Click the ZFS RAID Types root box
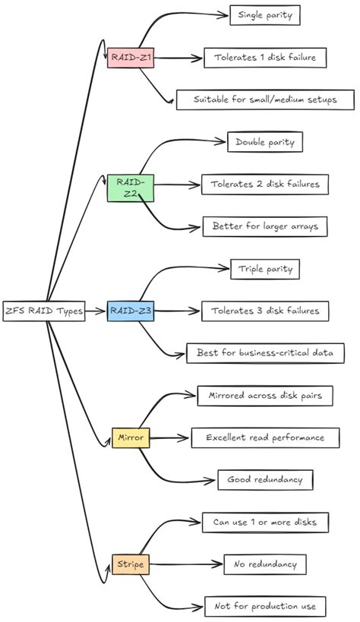(44, 311)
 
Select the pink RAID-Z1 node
(131, 58)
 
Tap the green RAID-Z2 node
(131, 188)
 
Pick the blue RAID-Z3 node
(131, 311)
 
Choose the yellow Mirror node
(131, 437)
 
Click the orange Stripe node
(131, 564)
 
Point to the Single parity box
(264, 14)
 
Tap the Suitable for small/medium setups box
(266, 99)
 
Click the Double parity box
(265, 141)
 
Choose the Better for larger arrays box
(266, 226)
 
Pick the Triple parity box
(265, 268)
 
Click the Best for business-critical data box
(266, 353)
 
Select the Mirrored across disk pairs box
(265, 395)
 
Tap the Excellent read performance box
(270, 437)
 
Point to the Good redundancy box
(264, 480)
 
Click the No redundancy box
(265, 564)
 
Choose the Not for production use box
(266, 606)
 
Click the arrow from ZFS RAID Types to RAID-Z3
(96, 311)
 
